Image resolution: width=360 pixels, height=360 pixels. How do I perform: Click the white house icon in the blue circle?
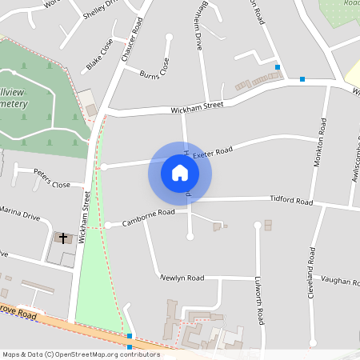pyautogui.click(x=180, y=173)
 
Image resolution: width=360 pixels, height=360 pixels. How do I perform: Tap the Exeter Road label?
pyautogui.click(x=212, y=150)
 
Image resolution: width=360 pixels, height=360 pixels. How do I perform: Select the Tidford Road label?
pyautogui.click(x=291, y=200)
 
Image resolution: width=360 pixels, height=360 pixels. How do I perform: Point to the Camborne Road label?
pyautogui.click(x=149, y=214)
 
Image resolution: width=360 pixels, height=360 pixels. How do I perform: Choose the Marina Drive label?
pyautogui.click(x=20, y=214)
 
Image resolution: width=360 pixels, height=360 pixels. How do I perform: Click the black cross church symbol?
pyautogui.click(x=63, y=238)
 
